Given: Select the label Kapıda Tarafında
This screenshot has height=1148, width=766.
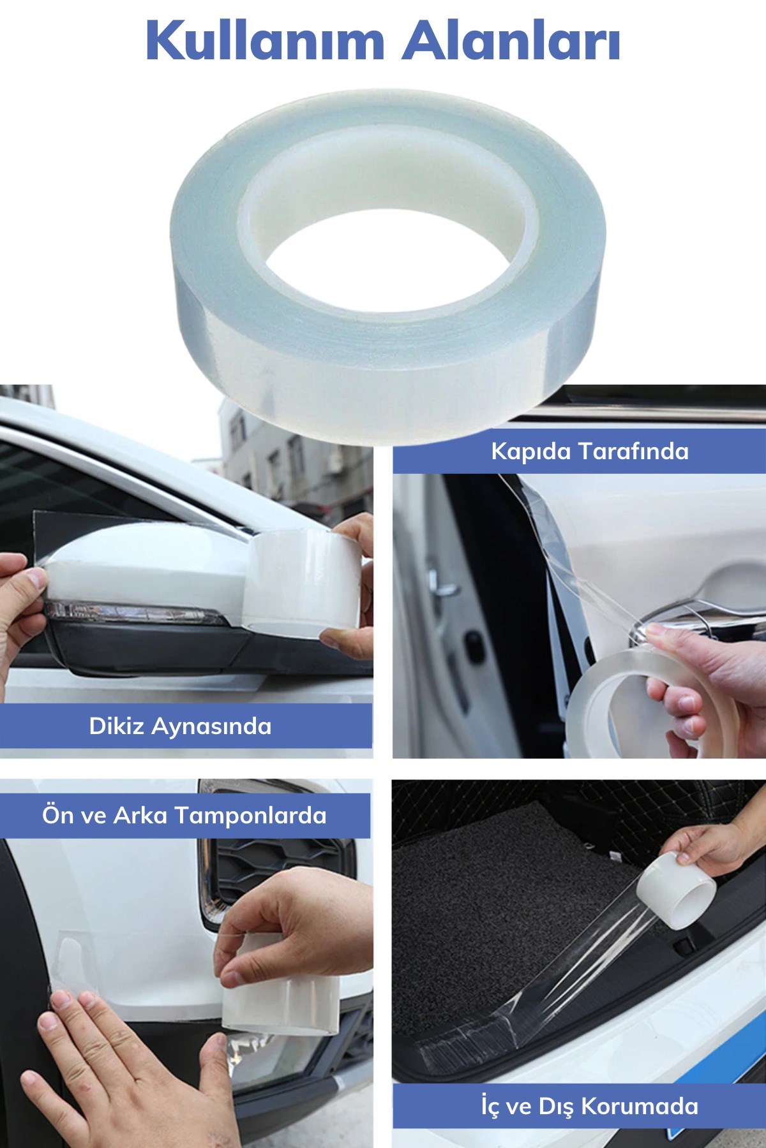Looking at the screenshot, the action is click(x=590, y=452).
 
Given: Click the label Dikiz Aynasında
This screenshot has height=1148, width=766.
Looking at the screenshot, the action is click(x=180, y=726).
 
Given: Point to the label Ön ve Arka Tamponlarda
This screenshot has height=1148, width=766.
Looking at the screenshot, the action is click(x=184, y=815).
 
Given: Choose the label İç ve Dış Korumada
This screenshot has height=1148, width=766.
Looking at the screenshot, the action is click(x=590, y=1105).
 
